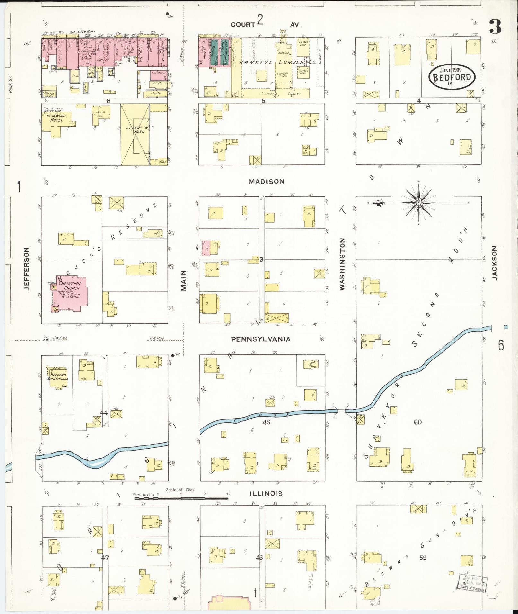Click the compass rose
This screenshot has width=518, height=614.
pos(418,203)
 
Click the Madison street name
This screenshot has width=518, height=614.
pos(267,182)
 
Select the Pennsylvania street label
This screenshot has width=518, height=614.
pos(261,339)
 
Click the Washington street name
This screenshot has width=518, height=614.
pos(342,264)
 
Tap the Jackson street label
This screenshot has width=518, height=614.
pos(494,263)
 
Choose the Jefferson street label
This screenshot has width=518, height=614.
pos(27,269)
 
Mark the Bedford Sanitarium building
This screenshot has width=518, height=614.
pos(58,377)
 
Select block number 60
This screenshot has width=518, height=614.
pos(417,422)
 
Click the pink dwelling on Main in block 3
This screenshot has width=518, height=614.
pos(206,248)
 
